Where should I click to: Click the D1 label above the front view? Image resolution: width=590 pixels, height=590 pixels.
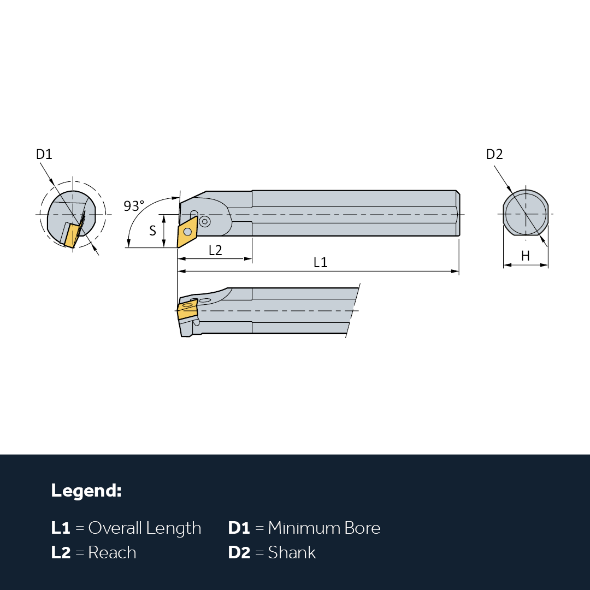click(44, 154)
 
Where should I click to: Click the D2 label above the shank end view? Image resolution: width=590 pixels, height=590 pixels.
click(494, 154)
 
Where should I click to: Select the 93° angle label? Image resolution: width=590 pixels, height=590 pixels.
click(134, 206)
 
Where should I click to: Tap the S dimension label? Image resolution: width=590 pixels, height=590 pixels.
click(152, 231)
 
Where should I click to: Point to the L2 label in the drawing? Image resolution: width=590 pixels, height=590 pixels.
click(215, 250)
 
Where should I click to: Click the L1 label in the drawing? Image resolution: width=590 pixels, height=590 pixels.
click(321, 262)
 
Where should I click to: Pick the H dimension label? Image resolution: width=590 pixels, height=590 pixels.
click(526, 256)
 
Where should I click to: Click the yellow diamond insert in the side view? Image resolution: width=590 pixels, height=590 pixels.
click(187, 232)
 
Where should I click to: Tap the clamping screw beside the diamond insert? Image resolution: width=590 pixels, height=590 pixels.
click(205, 222)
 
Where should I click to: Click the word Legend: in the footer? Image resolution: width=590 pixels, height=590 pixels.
click(86, 491)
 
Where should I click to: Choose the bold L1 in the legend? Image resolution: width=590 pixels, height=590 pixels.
click(61, 528)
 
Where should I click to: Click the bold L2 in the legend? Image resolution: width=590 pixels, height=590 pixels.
click(61, 552)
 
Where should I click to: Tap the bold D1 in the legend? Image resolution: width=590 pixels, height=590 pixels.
click(239, 528)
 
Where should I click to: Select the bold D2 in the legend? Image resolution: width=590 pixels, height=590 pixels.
click(239, 552)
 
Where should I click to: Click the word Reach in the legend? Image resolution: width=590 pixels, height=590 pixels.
click(112, 552)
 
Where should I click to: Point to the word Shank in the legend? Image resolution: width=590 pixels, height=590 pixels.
click(292, 552)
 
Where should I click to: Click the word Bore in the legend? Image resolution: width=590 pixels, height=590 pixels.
click(362, 528)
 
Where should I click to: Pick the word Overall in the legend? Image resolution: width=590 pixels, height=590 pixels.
click(115, 528)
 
